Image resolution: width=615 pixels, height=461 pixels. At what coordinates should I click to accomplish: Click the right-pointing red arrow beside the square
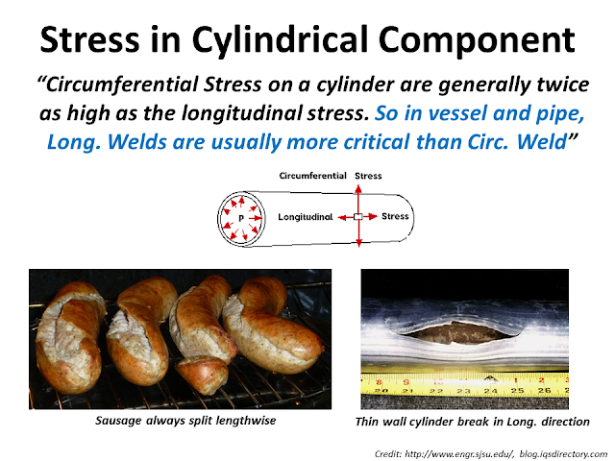pos(371,217)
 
